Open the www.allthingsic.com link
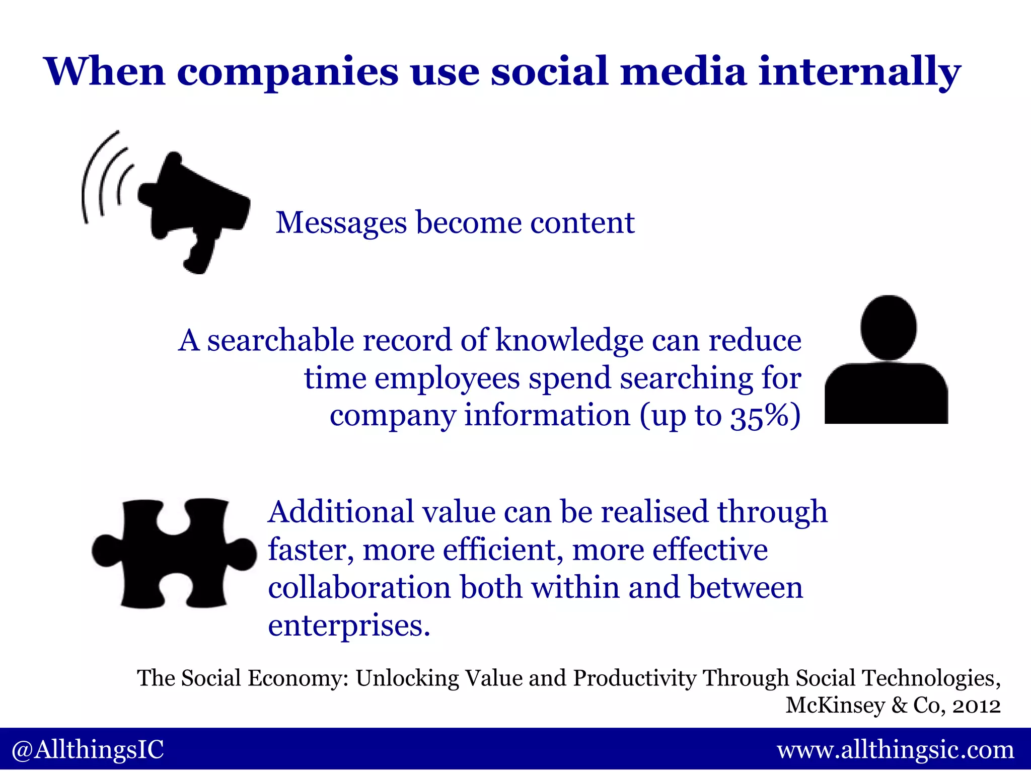pos(896,750)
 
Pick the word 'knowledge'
pos(569,341)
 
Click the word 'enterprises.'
pos(349,626)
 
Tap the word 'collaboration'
pos(359,588)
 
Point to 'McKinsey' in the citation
pos(835,706)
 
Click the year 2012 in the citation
pos(977,706)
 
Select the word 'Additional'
pos(340,512)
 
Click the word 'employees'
pos(447,378)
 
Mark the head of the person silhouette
pos(889,327)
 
